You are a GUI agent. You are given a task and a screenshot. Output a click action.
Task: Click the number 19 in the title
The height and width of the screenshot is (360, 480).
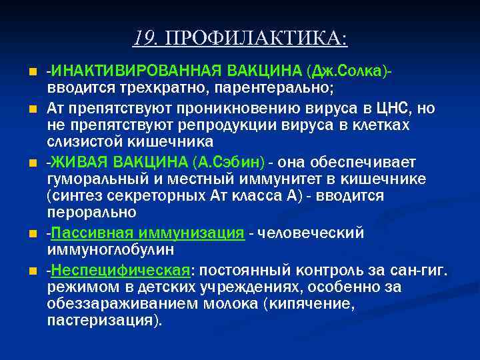point(141,37)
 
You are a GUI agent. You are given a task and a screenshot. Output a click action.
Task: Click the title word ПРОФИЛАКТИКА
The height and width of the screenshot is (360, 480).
point(256,38)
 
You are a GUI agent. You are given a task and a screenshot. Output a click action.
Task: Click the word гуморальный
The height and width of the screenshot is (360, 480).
point(89,179)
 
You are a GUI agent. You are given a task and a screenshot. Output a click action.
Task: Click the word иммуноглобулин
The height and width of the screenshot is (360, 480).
point(110,249)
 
